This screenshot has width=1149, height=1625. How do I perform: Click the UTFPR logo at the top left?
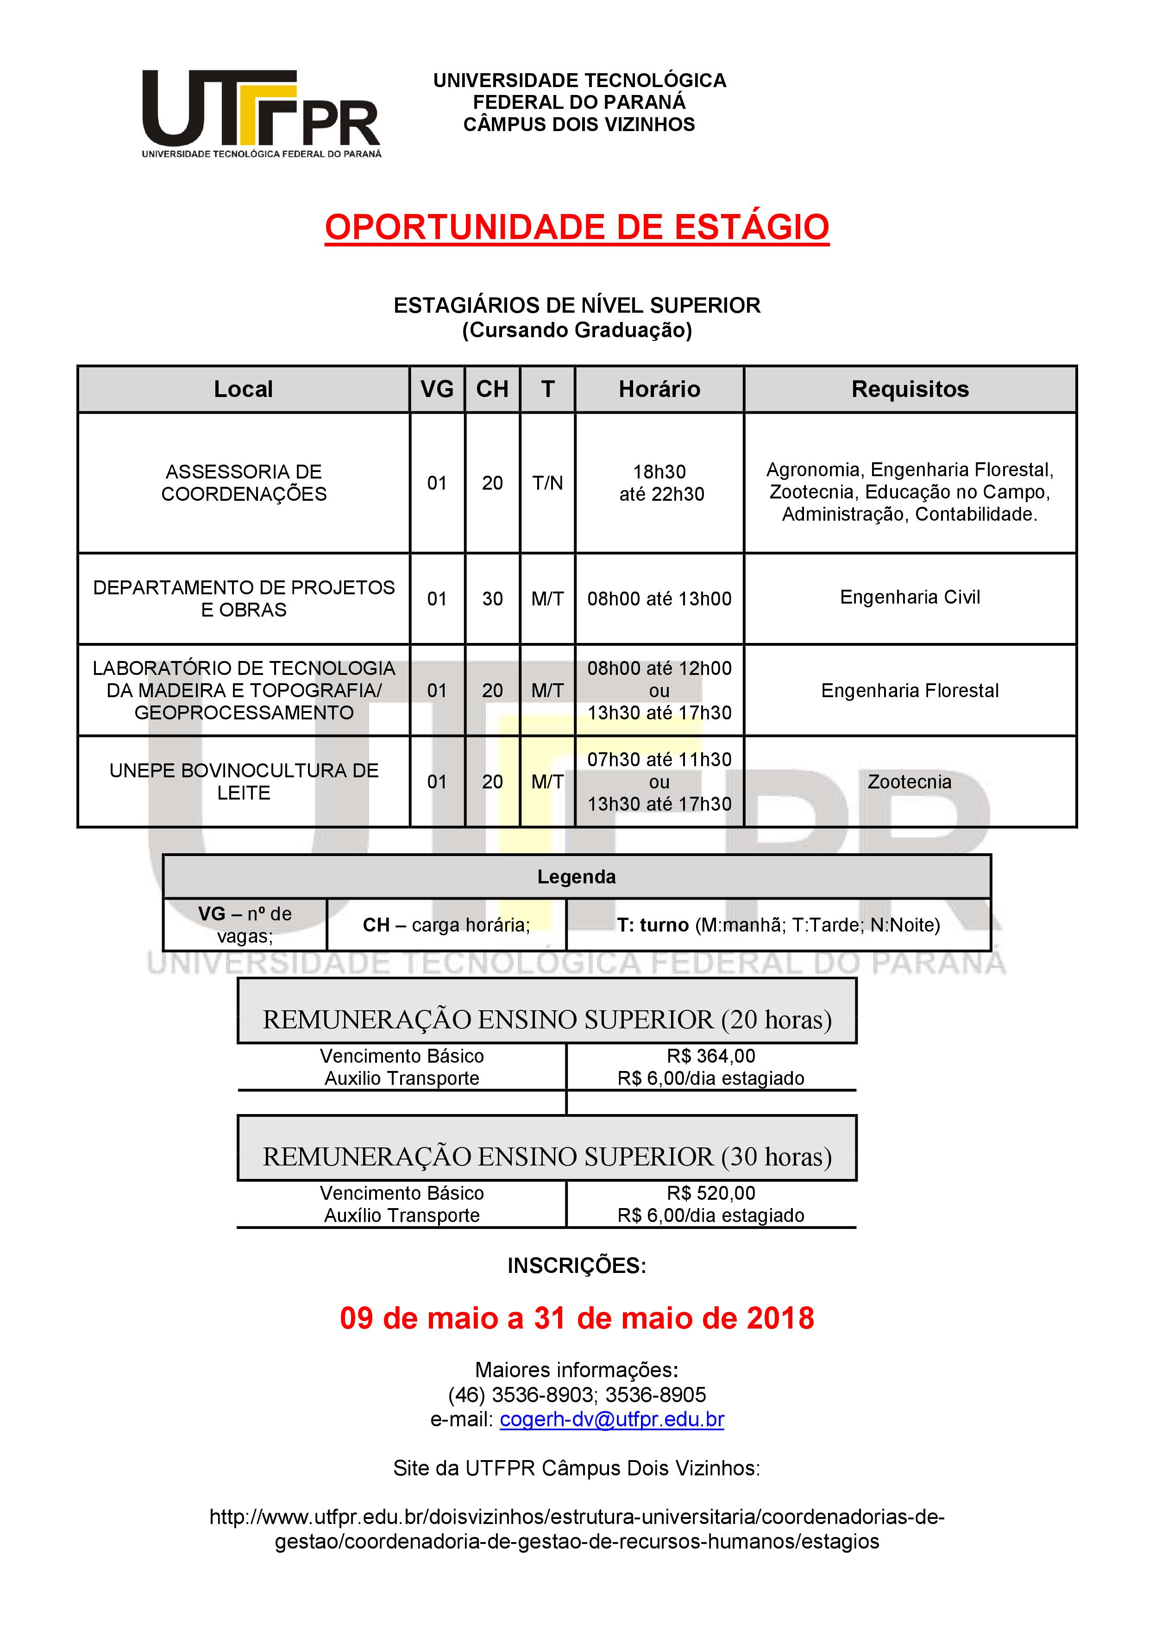[x=261, y=113]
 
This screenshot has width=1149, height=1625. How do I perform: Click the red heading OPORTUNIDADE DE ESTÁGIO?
[x=577, y=228]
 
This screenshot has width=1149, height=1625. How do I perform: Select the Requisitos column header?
[x=910, y=389]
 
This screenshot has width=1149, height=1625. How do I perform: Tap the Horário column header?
[x=659, y=389]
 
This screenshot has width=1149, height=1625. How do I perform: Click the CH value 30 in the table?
[x=492, y=599]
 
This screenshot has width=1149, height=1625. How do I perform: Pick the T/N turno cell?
[x=547, y=484]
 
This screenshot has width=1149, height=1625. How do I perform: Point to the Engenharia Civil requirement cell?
[x=910, y=598]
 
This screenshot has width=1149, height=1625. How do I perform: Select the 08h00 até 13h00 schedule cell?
[x=659, y=599]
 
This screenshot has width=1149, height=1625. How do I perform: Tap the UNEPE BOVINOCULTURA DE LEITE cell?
[x=244, y=781]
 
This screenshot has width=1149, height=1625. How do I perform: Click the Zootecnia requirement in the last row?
[x=910, y=782]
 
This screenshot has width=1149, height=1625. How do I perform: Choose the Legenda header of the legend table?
[x=577, y=877]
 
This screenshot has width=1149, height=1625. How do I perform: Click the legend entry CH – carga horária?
[x=446, y=925]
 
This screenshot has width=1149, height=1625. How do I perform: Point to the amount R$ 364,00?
[x=711, y=1056]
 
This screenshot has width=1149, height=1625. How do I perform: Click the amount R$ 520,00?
[x=711, y=1193]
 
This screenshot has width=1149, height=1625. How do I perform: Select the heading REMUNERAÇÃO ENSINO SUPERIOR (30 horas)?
[x=547, y=1157]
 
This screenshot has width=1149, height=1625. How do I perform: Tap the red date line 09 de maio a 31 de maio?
[x=577, y=1318]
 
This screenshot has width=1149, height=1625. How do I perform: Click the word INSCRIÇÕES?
[x=577, y=1266]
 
